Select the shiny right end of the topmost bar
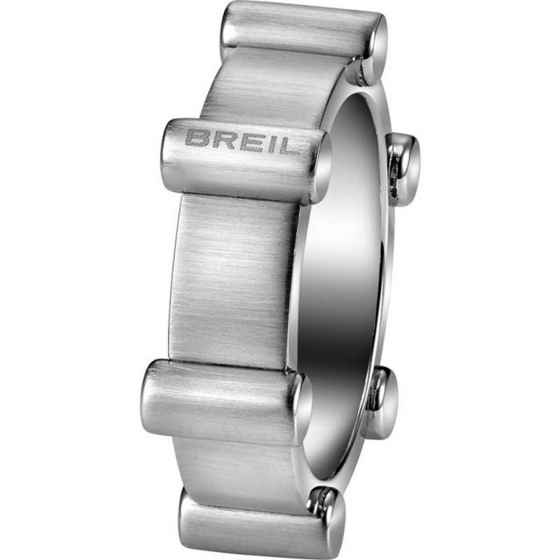coord(372,48)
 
